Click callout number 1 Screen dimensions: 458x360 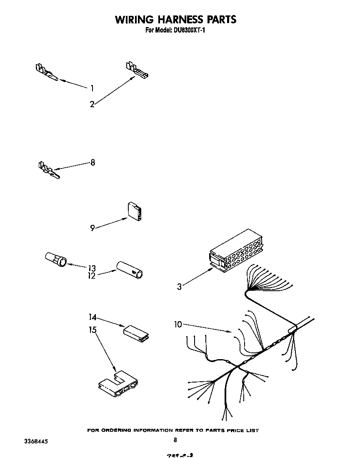click(92, 88)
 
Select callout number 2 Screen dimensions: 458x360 click(92, 104)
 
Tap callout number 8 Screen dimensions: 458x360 click(92, 162)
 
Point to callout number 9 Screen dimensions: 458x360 click(92, 228)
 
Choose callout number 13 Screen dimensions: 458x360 click(92, 268)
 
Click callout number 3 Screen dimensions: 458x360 click(179, 287)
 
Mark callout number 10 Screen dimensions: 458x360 click(178, 324)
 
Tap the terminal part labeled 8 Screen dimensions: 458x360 click(48, 170)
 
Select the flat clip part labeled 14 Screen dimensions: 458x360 click(136, 333)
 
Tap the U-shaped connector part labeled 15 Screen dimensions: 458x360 click(118, 384)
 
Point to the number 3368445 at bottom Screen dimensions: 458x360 click(30, 441)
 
